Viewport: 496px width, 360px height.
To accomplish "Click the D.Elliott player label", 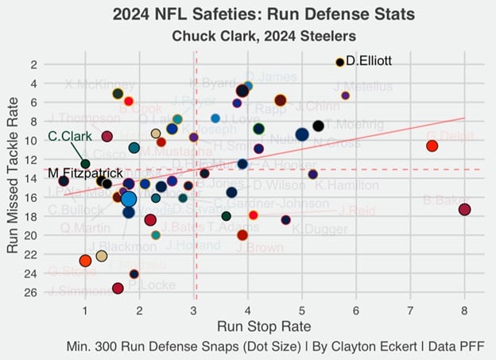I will coord(369,60).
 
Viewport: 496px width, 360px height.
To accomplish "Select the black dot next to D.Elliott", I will coord(339,62).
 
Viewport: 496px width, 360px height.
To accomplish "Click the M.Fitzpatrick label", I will coord(85,173).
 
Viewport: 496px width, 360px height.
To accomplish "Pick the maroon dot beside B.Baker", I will coord(465,210).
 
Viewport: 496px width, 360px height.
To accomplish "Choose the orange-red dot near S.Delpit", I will coord(432,145).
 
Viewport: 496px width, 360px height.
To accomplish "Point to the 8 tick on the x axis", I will coord(464,309).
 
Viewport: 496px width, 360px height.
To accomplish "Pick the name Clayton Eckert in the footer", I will coord(358,347).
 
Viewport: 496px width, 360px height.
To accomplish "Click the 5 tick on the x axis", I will coord(302,309).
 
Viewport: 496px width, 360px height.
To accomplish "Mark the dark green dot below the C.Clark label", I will coord(85,164).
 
